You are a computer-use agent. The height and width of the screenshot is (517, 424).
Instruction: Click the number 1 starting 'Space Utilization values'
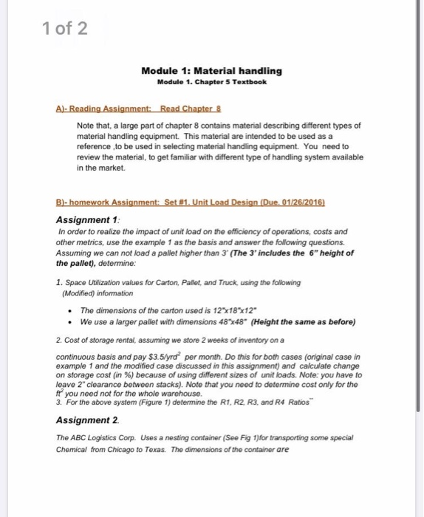pos(58,281)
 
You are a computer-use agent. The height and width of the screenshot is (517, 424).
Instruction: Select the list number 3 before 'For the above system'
pos(58,403)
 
